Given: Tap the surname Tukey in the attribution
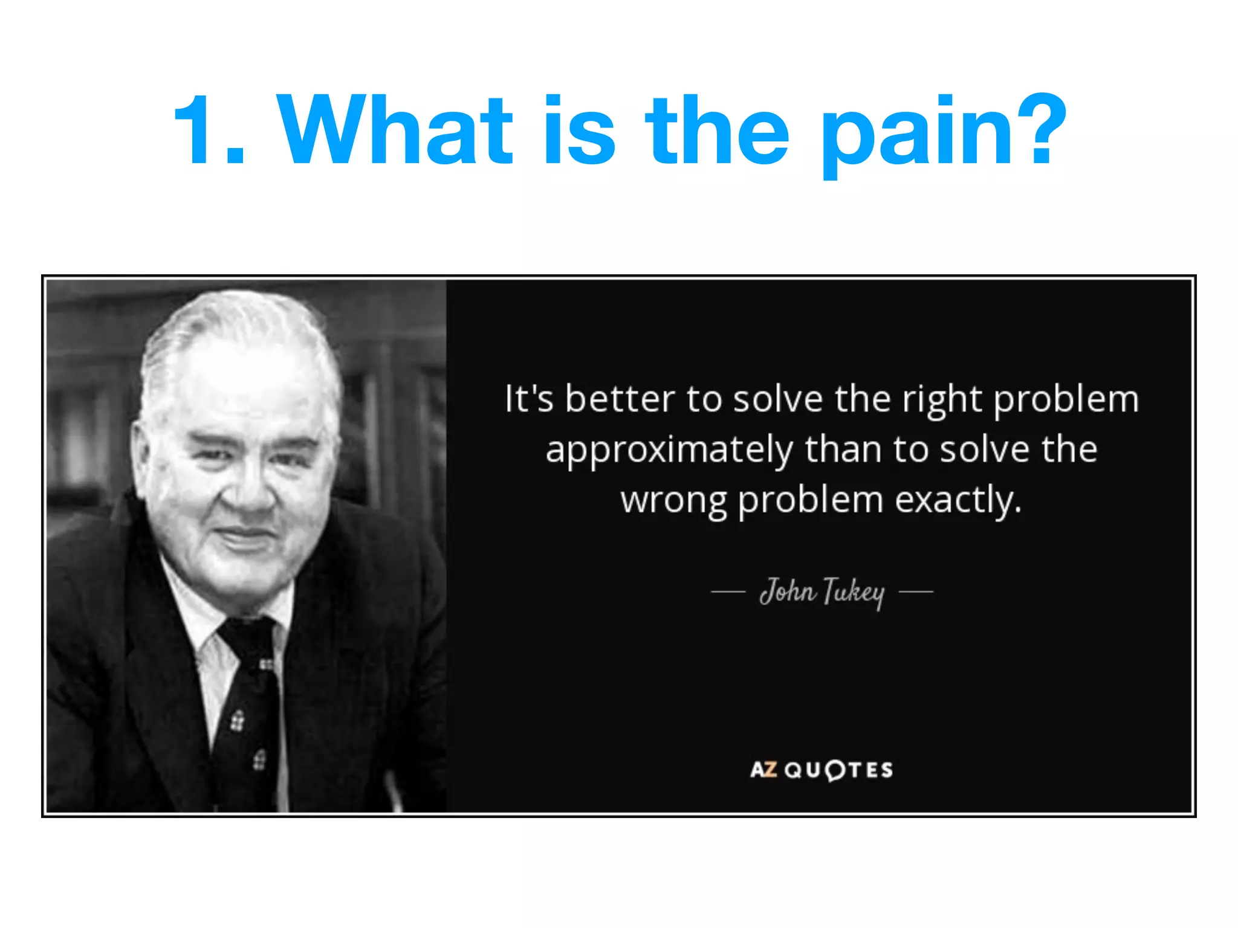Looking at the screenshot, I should (x=854, y=593).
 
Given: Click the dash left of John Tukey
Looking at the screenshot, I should (x=728, y=592).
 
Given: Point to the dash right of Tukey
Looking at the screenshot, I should (x=916, y=592).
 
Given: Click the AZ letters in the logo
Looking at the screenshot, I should (x=763, y=770).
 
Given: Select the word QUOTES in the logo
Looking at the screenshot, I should (x=839, y=770).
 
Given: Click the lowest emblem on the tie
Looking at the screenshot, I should (x=259, y=759).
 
